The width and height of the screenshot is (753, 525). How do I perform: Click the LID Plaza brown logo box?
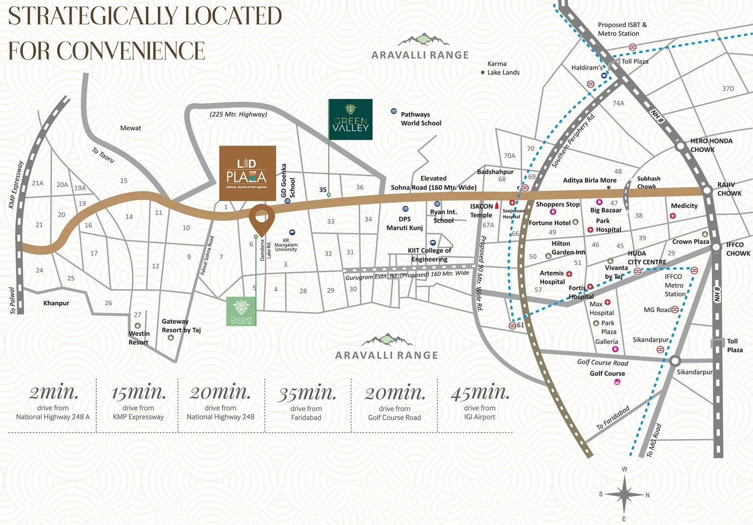[x=248, y=173]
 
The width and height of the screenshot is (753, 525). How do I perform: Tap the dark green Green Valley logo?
[x=350, y=119]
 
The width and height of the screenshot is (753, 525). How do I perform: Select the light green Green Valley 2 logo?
[x=241, y=311]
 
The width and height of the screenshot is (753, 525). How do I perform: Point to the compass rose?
[x=624, y=494]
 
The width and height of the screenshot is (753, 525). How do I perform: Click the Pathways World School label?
[x=420, y=119]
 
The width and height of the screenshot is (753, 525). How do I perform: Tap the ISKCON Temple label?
[x=481, y=211]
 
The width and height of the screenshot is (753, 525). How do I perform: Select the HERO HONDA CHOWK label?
[x=711, y=145]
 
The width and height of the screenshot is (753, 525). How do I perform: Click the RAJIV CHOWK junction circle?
[x=706, y=191]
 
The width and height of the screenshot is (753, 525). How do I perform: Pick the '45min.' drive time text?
[x=480, y=393]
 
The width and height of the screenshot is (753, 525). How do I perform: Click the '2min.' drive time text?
[x=54, y=393]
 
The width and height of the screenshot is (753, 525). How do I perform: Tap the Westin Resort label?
[x=139, y=338]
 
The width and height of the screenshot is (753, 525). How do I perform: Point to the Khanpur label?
[x=56, y=303]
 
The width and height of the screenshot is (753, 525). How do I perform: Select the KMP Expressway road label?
[x=16, y=185]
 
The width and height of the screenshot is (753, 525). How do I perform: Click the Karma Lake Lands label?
[x=503, y=68]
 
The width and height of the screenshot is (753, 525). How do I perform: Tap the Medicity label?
[x=684, y=206]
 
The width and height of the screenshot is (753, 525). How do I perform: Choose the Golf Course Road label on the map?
[x=602, y=362]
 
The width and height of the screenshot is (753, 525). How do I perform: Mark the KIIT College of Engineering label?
[x=429, y=255]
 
